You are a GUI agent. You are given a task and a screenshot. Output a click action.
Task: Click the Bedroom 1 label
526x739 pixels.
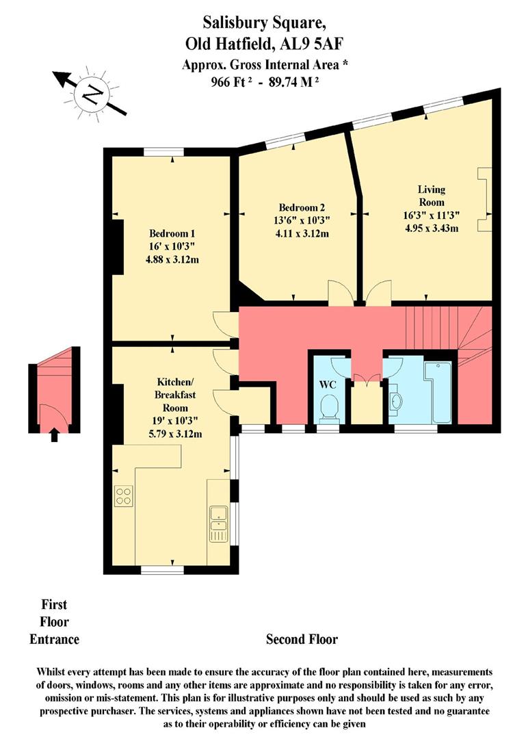pos(172,233)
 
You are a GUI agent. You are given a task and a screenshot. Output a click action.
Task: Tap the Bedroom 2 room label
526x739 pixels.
pos(302,207)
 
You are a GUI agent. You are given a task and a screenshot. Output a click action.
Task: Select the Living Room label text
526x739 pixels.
pos(431,196)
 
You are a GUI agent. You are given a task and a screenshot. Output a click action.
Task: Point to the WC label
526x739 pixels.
pos(328,385)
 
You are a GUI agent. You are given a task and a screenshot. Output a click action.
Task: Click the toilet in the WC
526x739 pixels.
pos(328,407)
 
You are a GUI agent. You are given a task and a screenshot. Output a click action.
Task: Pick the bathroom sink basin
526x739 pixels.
pos(396,400)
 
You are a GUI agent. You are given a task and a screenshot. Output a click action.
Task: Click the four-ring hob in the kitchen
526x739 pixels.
pos(124,496)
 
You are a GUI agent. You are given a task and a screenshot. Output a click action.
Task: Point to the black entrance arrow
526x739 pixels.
pos(54,434)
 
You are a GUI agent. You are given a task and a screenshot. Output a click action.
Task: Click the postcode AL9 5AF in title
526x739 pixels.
pos(311,44)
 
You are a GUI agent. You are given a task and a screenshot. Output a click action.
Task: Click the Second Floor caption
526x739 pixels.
pos(302,639)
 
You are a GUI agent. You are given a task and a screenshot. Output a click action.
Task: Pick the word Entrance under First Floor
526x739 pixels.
pos(54,639)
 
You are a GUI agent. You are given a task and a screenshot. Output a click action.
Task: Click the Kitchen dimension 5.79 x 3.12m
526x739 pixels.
pos(175,434)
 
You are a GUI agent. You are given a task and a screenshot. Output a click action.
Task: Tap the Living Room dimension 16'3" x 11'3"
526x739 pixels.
pos(432,216)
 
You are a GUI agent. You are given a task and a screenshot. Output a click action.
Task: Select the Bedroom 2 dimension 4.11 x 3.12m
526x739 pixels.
pos(302,233)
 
